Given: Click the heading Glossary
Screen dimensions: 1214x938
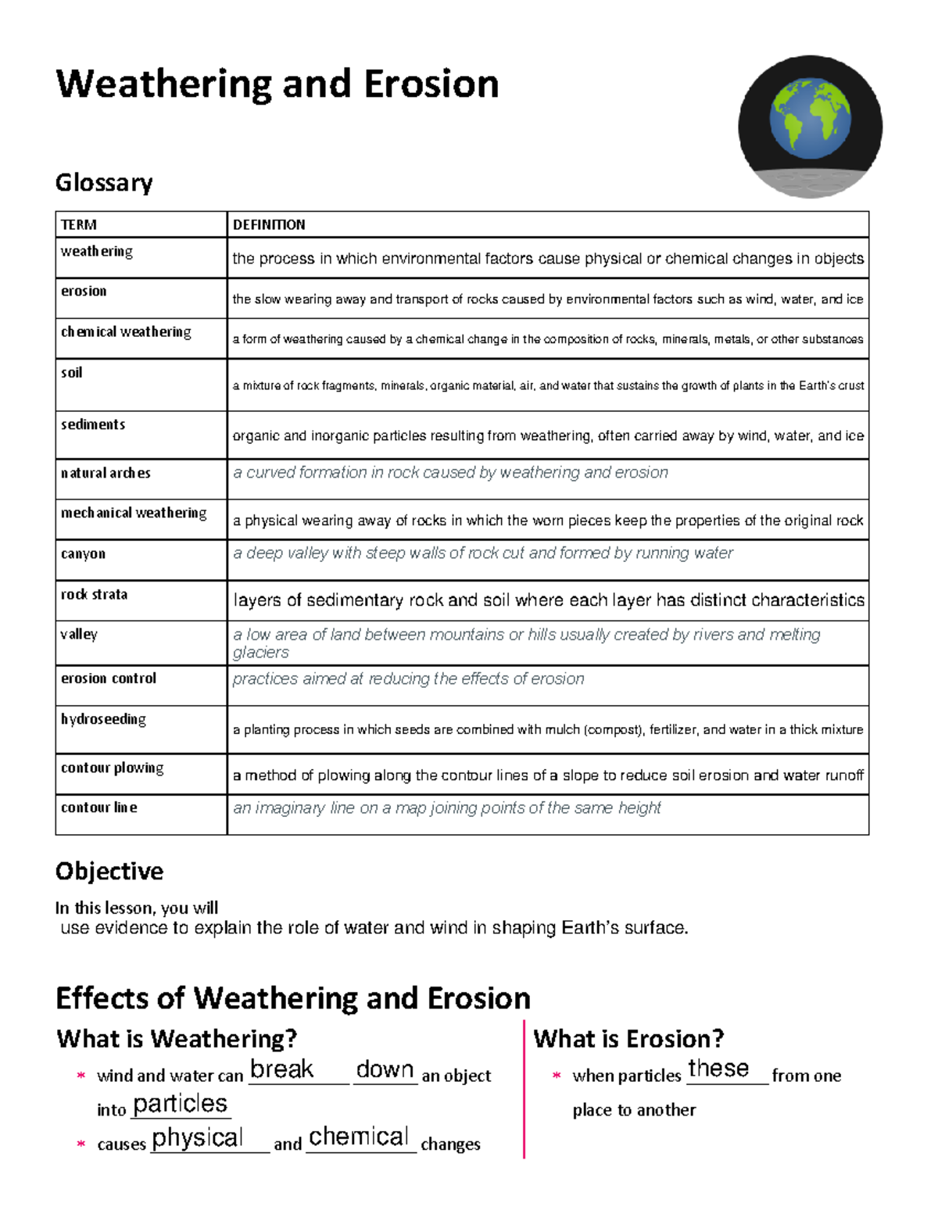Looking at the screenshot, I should (x=104, y=183).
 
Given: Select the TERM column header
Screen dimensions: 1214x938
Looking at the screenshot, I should (x=79, y=225).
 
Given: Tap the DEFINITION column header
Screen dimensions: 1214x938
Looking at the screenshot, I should (x=269, y=225).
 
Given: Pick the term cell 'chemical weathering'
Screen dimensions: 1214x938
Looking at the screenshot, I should (x=126, y=331).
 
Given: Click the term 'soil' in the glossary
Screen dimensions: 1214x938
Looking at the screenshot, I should (x=72, y=373).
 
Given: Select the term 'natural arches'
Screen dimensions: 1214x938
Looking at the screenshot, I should (x=106, y=473).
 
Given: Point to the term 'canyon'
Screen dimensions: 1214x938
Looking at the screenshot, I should (x=83, y=553).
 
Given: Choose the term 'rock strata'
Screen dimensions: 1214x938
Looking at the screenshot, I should (x=94, y=594).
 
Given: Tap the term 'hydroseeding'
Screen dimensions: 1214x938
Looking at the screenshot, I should (x=103, y=718).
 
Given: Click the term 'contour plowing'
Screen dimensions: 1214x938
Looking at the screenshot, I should (x=113, y=768).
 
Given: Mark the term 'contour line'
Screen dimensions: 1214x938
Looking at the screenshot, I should (x=99, y=808).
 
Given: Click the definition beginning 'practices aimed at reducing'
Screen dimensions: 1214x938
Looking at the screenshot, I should (x=408, y=679).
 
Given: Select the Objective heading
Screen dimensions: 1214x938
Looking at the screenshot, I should (x=109, y=871).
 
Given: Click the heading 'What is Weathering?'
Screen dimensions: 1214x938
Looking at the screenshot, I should (x=177, y=1039).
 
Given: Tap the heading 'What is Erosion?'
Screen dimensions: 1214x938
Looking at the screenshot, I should (x=628, y=1039).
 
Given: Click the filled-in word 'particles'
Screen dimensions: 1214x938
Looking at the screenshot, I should (x=180, y=1104).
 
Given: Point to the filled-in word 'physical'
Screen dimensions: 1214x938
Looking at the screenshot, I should (x=198, y=1138).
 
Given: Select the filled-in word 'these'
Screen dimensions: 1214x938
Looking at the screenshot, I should (x=718, y=1069).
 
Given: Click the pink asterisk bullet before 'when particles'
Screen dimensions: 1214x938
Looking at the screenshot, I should (x=557, y=1076).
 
